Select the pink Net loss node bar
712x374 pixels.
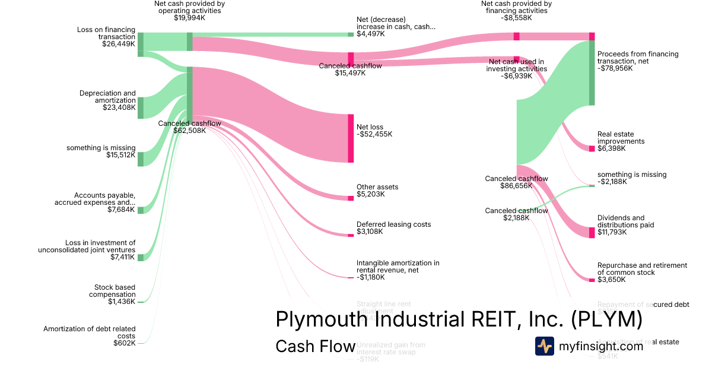(x=351, y=138)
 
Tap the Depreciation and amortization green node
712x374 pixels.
(x=141, y=107)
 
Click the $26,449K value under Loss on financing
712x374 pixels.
(x=119, y=44)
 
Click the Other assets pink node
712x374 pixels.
(x=351, y=198)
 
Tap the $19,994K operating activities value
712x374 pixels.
(x=189, y=18)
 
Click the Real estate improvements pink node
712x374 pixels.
(x=592, y=148)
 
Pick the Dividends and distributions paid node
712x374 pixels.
(x=592, y=232)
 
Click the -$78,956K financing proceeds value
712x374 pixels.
(x=615, y=68)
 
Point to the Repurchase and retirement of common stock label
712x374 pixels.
(x=642, y=269)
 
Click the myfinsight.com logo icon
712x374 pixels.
(x=545, y=346)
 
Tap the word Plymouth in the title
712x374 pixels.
(x=317, y=319)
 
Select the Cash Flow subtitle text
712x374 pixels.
(x=315, y=346)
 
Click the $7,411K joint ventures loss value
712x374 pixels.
(x=123, y=257)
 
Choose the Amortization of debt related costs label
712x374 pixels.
(x=89, y=332)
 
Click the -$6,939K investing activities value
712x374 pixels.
(x=516, y=76)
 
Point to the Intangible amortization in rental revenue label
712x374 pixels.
(x=398, y=266)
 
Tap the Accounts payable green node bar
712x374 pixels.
(x=141, y=210)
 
